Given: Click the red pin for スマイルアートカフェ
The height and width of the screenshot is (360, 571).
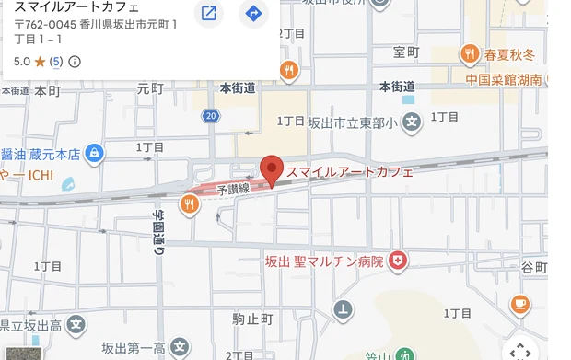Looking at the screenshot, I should pos(271,169).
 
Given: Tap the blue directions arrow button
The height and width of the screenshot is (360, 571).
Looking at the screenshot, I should pos(253,13).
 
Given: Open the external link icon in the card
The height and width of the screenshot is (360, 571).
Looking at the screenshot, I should pos(209,13).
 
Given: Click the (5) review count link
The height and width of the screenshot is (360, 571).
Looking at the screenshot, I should pos(56,62).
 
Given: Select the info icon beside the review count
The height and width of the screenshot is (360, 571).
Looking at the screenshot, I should pos(75,62).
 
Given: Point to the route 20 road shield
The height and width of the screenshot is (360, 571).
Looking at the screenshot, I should pos(212,116).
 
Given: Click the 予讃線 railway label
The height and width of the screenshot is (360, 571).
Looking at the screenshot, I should pos(233,189).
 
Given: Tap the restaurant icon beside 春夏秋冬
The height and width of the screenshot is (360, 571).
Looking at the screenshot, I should pos(470,54).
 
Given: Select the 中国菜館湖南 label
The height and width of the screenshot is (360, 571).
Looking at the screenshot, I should pos(503,80).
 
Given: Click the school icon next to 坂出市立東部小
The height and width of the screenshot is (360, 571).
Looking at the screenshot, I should pos(413,120).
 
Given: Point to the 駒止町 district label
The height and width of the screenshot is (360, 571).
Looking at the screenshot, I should pos(252,319).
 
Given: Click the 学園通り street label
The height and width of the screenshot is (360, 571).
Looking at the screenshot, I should pos(157,230).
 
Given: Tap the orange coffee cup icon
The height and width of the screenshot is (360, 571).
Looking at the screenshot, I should pos(520,303).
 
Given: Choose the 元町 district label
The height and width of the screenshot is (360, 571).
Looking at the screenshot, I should pos(149,88).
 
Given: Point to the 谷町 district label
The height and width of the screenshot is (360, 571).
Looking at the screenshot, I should pos(533,267).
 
